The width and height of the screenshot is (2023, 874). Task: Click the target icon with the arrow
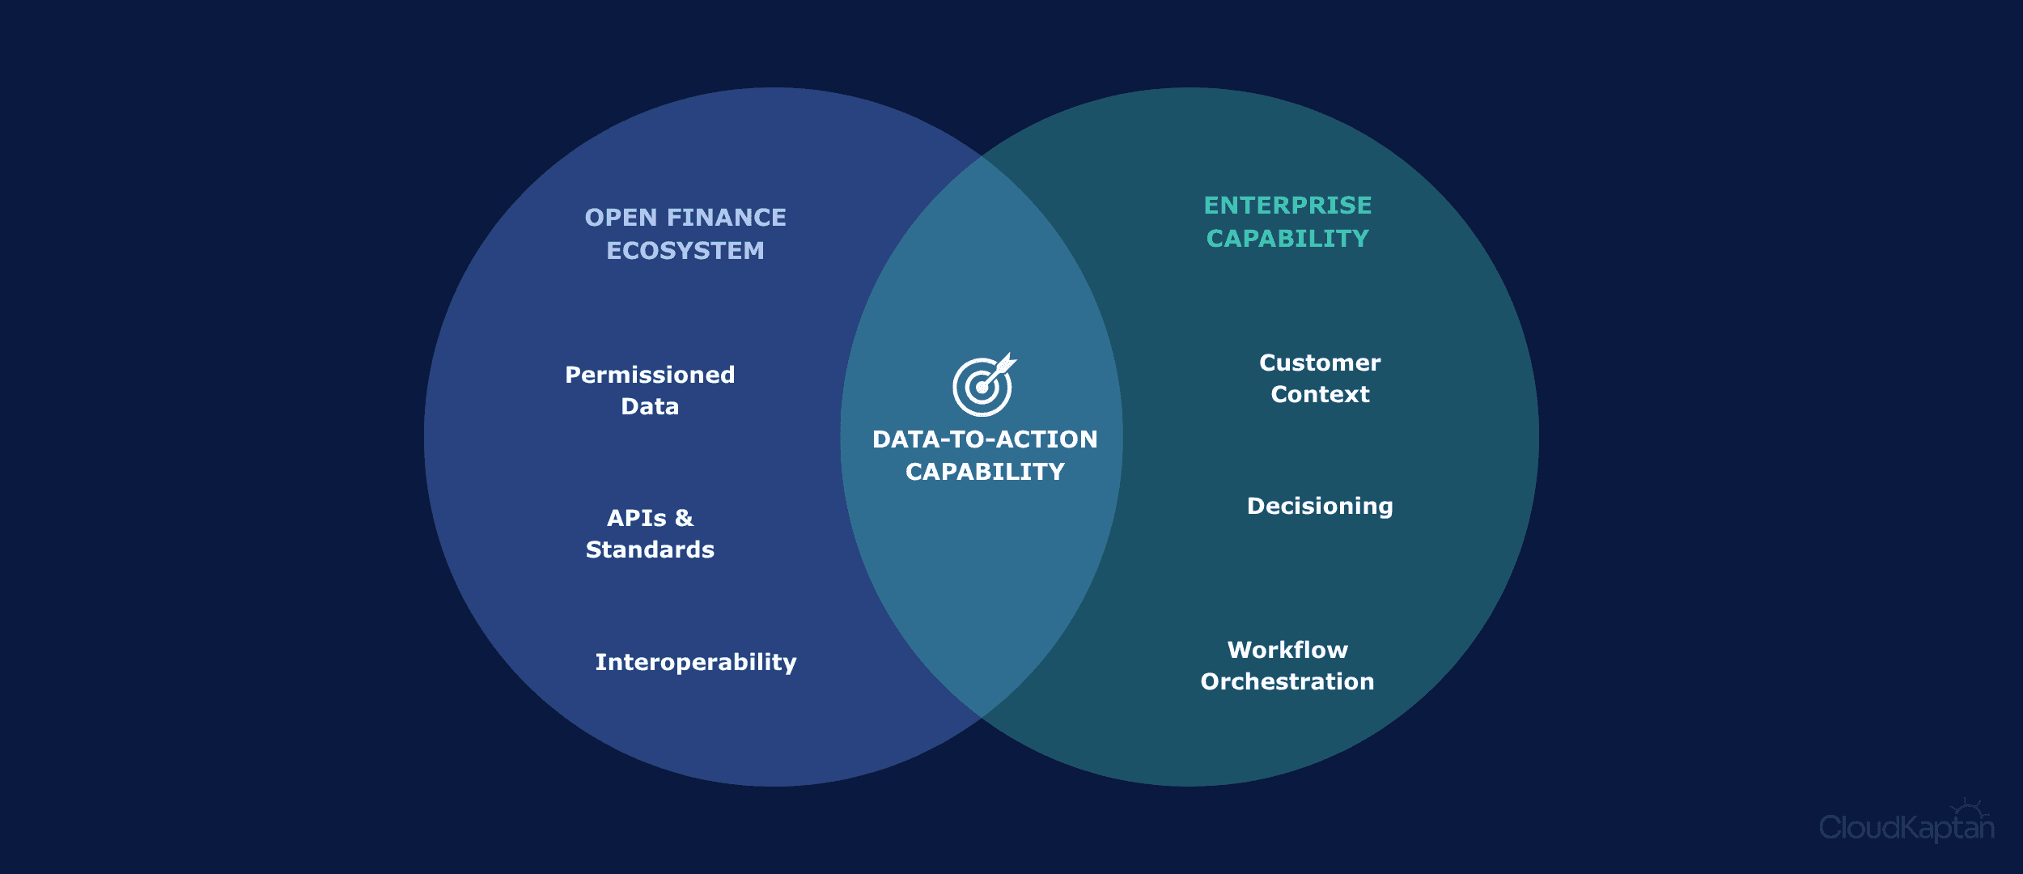click(x=984, y=385)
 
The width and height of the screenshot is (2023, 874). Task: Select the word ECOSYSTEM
click(x=685, y=251)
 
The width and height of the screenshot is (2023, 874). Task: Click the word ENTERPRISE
click(x=1287, y=206)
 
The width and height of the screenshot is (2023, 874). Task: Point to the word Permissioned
click(x=650, y=375)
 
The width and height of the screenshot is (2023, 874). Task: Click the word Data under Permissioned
click(x=650, y=406)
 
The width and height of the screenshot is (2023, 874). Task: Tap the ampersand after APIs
click(x=684, y=518)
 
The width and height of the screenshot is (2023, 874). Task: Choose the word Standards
click(x=650, y=549)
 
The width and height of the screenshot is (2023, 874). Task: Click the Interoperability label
click(x=696, y=663)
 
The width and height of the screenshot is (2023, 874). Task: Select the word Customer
click(x=1320, y=363)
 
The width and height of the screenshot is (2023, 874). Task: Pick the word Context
click(x=1320, y=394)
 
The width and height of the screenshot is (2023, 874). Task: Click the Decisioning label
click(x=1320, y=507)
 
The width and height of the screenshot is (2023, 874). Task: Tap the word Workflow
click(x=1287, y=650)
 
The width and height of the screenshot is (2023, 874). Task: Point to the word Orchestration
click(x=1287, y=681)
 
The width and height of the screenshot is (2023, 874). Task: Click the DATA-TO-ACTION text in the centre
click(x=985, y=439)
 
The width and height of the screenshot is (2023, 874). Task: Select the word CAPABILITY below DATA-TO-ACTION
click(x=985, y=472)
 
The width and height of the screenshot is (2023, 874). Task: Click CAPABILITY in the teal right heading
click(x=1287, y=239)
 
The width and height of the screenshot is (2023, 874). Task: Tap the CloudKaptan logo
click(x=1906, y=822)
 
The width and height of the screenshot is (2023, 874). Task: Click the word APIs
click(x=637, y=518)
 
